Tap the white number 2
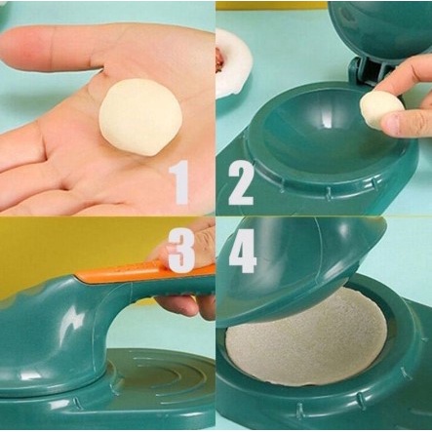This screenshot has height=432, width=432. click(241, 183)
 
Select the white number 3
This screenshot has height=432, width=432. click(182, 250)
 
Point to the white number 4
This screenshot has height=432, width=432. click(243, 251)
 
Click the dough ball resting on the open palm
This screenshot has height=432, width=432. click(140, 118)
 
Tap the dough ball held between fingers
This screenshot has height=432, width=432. click(380, 110)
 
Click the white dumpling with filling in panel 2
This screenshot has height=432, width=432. click(231, 62)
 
